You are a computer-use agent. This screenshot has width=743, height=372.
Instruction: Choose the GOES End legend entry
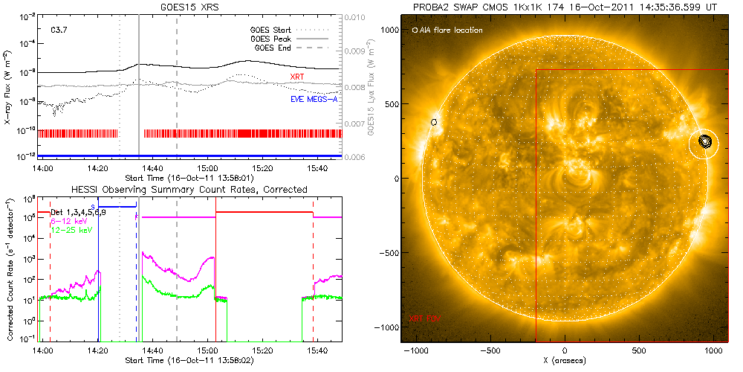(x=277, y=48)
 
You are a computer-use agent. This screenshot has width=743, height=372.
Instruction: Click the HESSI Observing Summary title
(x=189, y=190)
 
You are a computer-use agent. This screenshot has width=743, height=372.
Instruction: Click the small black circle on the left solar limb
(x=434, y=121)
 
